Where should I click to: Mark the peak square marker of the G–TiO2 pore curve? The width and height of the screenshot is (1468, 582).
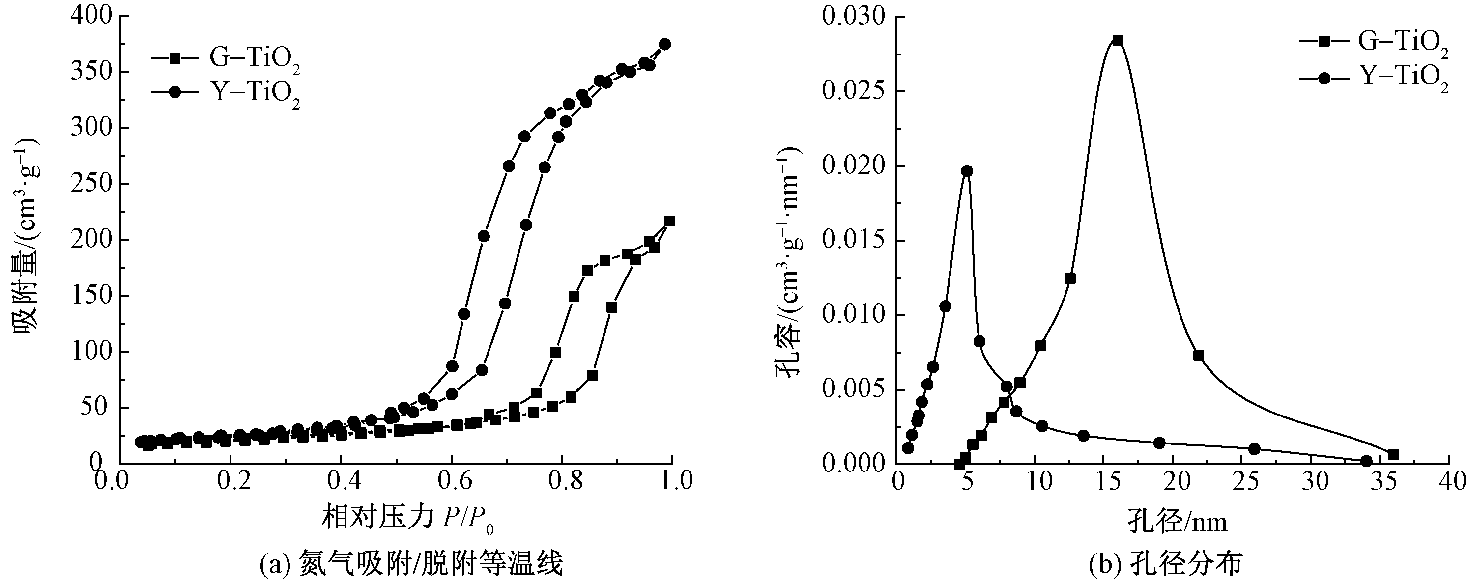point(1118,40)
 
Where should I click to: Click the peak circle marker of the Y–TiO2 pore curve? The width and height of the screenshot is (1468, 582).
point(967,171)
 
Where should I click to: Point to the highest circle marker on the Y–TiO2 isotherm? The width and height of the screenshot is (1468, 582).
point(664,44)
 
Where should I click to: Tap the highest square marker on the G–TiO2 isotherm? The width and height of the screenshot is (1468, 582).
point(669,221)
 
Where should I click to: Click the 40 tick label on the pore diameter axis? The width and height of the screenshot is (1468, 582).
point(1452,482)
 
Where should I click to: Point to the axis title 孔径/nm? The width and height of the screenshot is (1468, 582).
point(1177,522)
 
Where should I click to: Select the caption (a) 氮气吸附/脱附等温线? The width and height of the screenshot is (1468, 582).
point(410,564)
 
